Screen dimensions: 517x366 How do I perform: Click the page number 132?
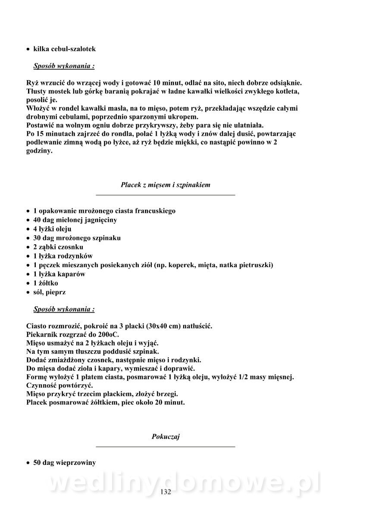(166, 492)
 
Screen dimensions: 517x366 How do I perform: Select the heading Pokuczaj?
(166, 437)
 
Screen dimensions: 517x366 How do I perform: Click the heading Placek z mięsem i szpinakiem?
(166, 185)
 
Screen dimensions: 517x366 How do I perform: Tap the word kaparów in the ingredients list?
(71, 274)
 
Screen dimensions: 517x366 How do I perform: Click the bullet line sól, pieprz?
(50, 292)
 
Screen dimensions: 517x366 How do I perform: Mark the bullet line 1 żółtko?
(46, 283)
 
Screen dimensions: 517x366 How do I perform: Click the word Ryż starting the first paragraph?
(33, 83)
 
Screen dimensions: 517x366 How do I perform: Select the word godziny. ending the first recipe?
(39, 151)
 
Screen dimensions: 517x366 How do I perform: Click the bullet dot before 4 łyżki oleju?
(28, 229)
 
